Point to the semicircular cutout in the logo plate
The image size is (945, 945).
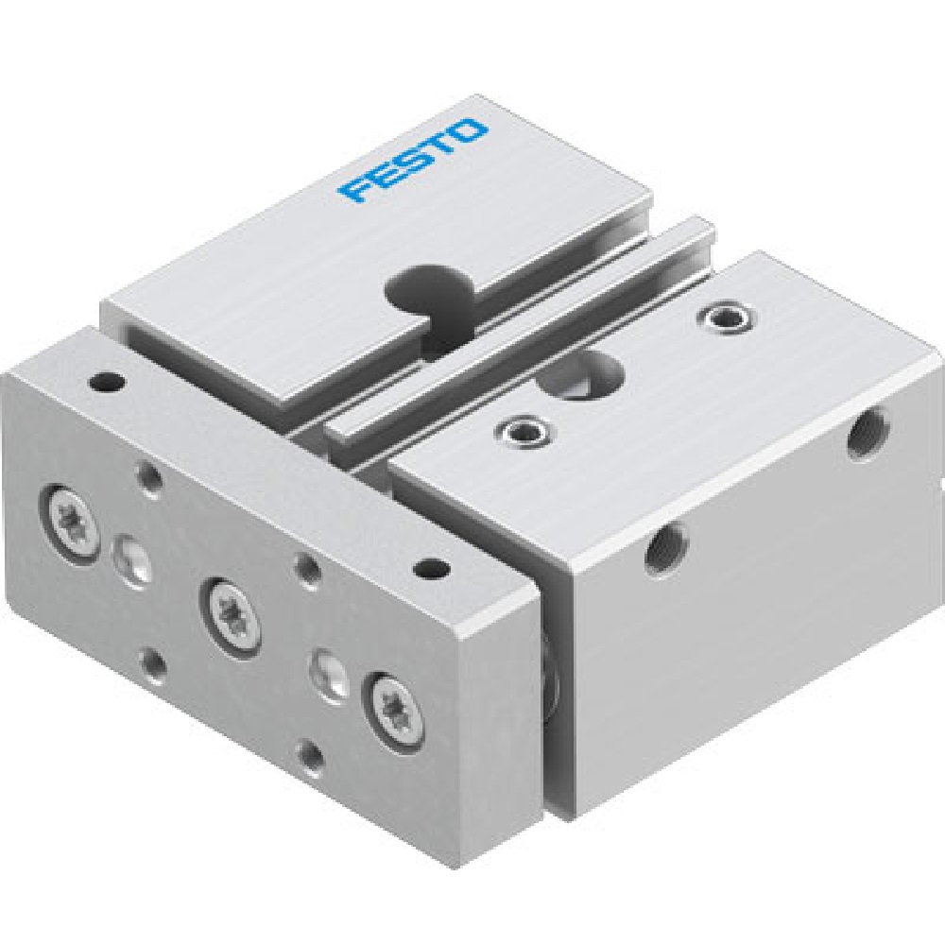423,281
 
